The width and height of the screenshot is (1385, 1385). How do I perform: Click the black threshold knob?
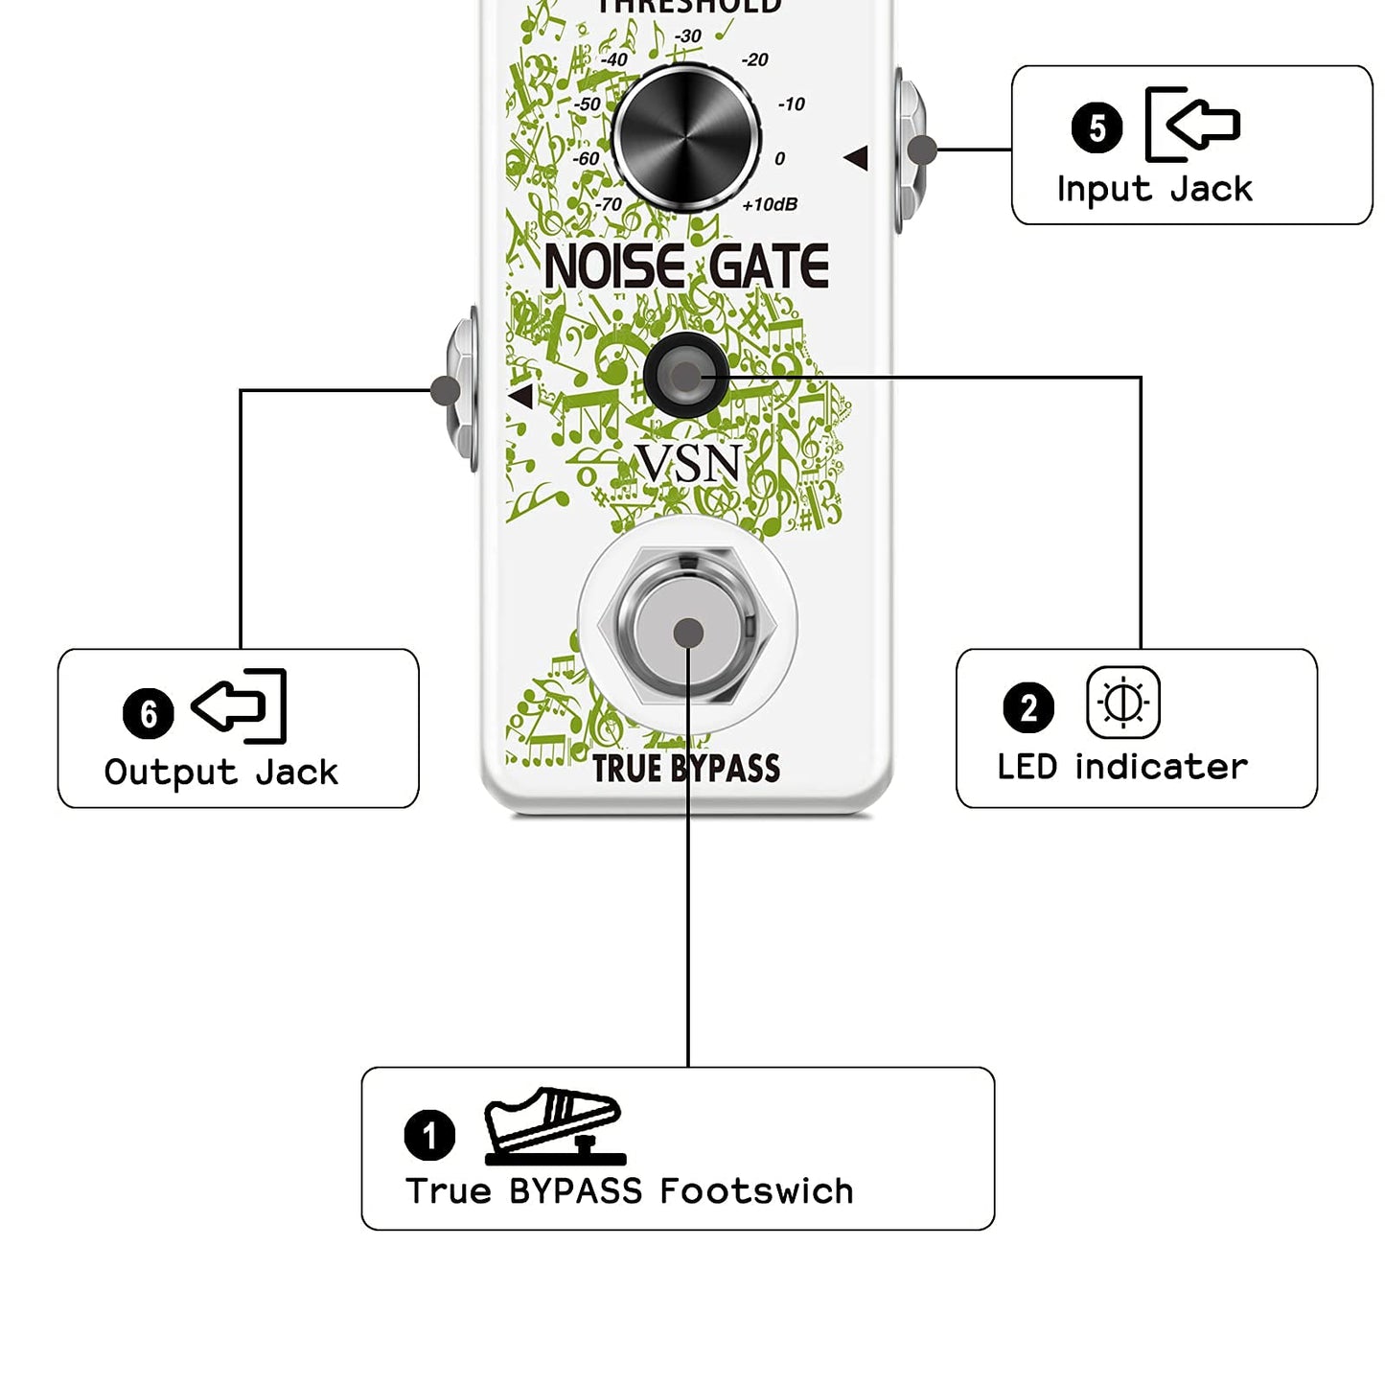[686, 138]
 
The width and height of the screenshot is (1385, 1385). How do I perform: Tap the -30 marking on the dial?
[687, 36]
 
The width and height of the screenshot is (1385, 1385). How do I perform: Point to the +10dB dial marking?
[770, 204]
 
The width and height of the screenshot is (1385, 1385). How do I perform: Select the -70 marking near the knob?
[609, 204]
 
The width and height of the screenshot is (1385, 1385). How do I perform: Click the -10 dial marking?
[792, 104]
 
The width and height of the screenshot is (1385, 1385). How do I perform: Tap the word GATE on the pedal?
[770, 266]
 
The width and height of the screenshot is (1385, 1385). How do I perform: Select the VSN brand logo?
[690, 464]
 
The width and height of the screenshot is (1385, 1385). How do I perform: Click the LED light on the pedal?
[686, 377]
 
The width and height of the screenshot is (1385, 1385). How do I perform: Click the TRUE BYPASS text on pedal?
[686, 769]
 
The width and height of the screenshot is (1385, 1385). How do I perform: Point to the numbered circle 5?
[1096, 127]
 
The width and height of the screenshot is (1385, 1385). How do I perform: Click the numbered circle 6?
[149, 713]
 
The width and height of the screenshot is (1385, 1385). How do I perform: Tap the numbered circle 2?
[1028, 707]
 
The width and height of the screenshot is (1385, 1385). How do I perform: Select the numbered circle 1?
[429, 1135]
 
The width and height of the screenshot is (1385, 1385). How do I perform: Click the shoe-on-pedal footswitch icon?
[555, 1126]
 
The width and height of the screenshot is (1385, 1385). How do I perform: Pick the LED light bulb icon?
[1123, 703]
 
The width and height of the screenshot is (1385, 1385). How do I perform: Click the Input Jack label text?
[1154, 189]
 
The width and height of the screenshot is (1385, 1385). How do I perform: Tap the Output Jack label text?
[220, 773]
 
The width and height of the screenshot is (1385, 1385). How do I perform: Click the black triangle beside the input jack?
[857, 158]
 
